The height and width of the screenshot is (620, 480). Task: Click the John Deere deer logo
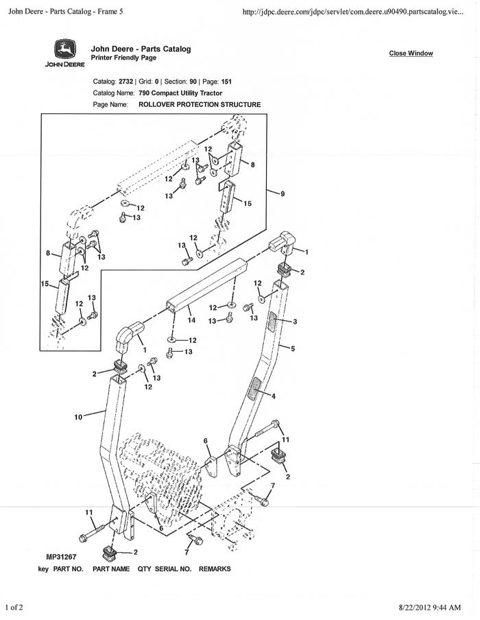[65, 50]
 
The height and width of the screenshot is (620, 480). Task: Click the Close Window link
[411, 53]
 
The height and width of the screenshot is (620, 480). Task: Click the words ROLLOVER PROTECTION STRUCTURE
[200, 105]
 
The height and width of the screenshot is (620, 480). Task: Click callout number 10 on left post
[78, 416]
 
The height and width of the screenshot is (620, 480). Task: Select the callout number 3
[294, 321]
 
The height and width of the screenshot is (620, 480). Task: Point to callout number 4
[273, 396]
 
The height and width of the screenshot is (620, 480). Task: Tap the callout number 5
[293, 348]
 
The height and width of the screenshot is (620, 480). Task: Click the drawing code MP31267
[62, 558]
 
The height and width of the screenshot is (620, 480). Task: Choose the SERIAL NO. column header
[174, 569]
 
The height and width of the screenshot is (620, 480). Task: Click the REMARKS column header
[215, 569]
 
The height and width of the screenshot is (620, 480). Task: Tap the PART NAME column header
[111, 569]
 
